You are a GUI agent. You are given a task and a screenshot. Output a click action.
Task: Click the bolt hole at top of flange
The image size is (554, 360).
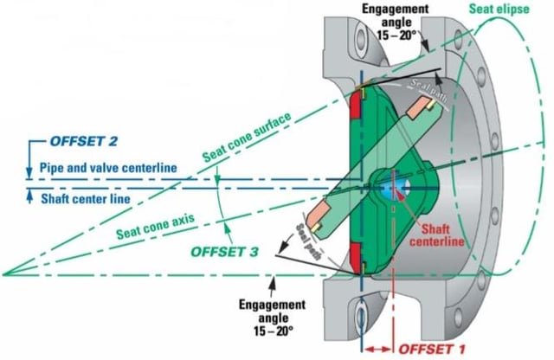[359, 40]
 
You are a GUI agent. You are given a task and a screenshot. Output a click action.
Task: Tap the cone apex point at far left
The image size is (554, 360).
[4, 274]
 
